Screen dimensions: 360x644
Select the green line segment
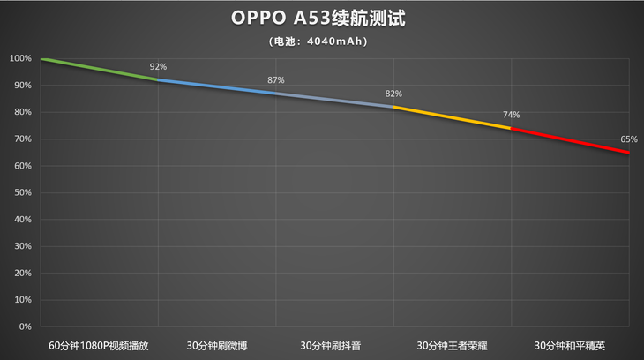(x=99, y=70)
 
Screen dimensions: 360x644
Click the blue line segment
(x=216, y=86)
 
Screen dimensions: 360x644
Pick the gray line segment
(x=334, y=100)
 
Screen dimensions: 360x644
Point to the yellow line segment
(x=452, y=117)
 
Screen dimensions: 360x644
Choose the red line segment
(x=570, y=140)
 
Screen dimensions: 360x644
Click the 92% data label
(x=158, y=67)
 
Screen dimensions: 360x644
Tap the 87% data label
(x=276, y=80)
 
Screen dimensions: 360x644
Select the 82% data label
(x=393, y=94)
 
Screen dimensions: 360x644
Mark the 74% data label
(x=512, y=115)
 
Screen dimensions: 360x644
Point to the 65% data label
(x=629, y=139)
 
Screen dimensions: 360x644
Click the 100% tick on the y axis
(x=20, y=59)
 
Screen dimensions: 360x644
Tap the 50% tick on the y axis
(x=22, y=192)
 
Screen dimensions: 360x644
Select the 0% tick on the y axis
(x=25, y=326)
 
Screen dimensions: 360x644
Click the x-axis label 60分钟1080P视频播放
(x=99, y=344)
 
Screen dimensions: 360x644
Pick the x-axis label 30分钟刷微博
(x=216, y=344)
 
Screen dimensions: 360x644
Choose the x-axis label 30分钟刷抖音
(x=334, y=344)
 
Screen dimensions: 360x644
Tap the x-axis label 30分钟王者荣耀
(x=452, y=344)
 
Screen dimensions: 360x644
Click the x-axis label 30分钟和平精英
(x=570, y=344)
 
